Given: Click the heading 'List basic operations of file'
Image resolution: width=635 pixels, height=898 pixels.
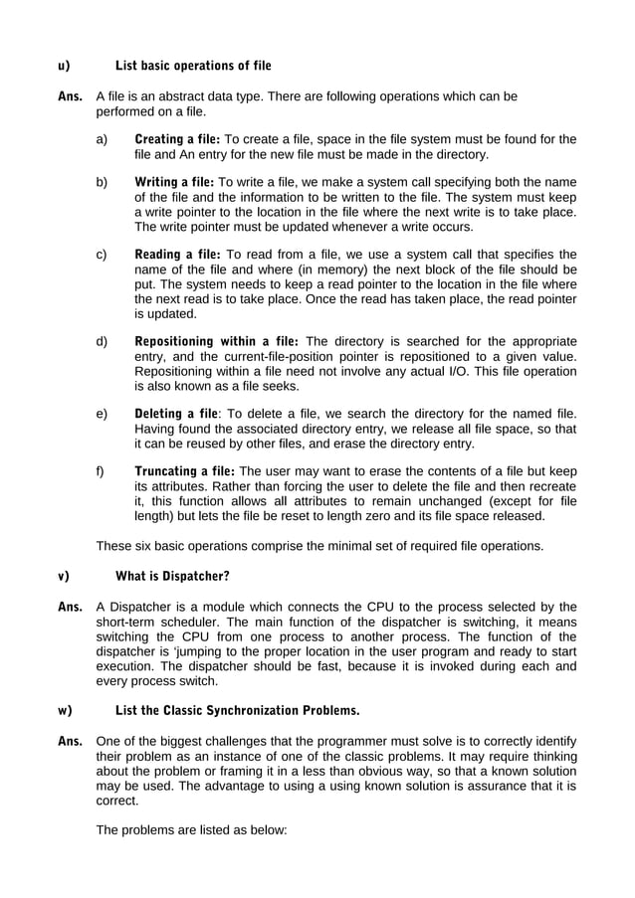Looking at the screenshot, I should [x=193, y=67].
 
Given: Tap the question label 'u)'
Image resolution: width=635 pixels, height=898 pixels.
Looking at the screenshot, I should [x=64, y=67].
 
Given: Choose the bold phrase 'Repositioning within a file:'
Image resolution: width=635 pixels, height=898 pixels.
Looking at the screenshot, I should [x=217, y=341].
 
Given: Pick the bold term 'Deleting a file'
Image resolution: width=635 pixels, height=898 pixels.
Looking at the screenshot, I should [x=175, y=413].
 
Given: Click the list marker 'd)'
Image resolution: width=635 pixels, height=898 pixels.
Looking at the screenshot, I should [x=102, y=341].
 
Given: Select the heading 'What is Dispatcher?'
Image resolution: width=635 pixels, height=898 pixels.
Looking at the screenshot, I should [x=172, y=576].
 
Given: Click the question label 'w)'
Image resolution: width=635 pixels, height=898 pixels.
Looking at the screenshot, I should [x=65, y=711].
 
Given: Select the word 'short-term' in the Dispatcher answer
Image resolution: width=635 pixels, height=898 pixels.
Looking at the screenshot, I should [x=127, y=622].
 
